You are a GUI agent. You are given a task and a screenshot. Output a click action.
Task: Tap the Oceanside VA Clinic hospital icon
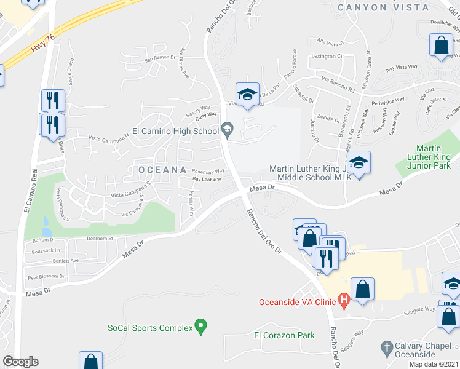pos(344,301)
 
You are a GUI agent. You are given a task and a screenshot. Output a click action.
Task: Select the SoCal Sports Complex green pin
pos(199,327)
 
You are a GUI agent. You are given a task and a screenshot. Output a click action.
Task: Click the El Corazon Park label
pos(284,335)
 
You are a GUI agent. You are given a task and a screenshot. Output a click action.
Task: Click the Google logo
pos(21,362)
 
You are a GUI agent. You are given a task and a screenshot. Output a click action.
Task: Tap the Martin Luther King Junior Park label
pos(437,157)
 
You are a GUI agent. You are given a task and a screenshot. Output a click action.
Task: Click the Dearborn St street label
pos(101,238)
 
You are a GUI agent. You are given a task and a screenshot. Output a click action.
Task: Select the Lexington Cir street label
pos(328,56)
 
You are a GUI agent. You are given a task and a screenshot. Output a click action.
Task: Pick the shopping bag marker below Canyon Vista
pos(441,46)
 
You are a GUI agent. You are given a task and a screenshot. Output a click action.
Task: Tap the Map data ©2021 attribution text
pos(434,364)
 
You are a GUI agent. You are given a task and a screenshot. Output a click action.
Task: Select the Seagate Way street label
pos(419,310)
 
